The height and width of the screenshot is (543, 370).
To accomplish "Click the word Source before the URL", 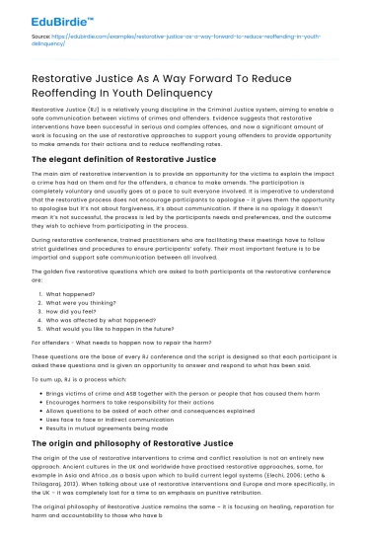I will tap(42, 36).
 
